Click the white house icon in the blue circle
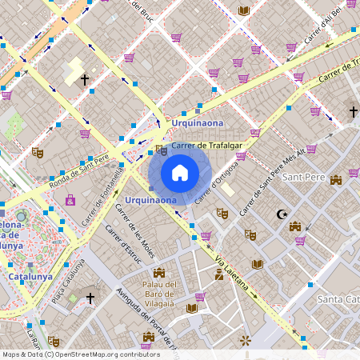180,173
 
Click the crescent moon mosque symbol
281,214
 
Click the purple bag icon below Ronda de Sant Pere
70,199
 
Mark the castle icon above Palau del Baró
159,273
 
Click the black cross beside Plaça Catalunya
90,298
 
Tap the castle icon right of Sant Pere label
336,181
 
